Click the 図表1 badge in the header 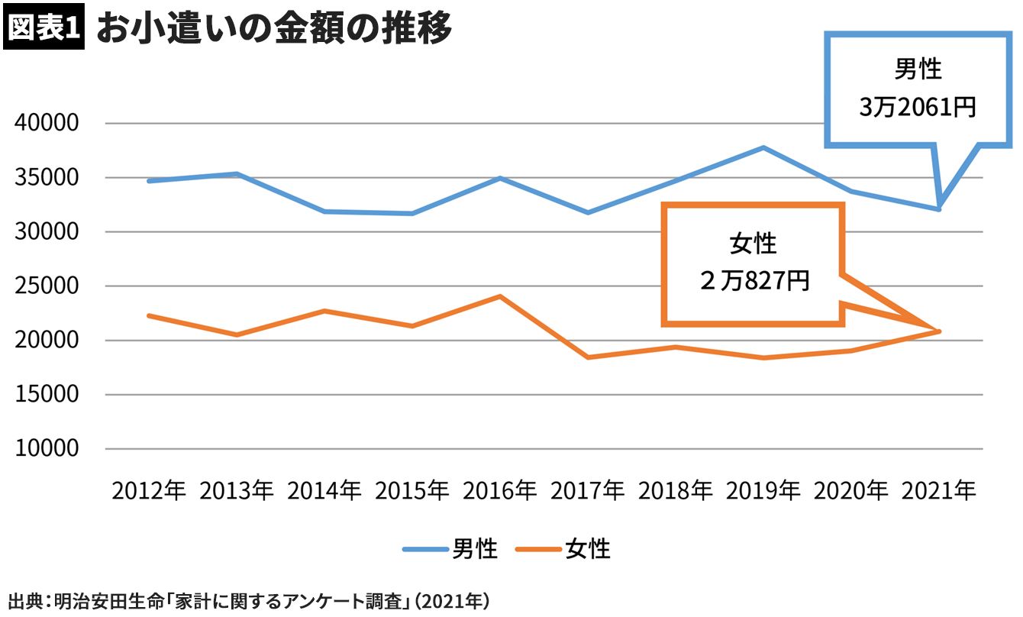click(x=44, y=29)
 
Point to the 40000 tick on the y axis click(x=47, y=123)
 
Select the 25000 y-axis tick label click(x=47, y=286)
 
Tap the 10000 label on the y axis click(x=47, y=449)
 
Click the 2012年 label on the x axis click(x=149, y=491)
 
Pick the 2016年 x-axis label click(x=500, y=491)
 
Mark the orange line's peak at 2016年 click(x=500, y=296)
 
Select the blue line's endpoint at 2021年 click(x=939, y=208)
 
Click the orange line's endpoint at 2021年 click(x=939, y=331)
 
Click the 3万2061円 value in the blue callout click(x=918, y=108)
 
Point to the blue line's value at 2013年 click(x=237, y=174)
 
